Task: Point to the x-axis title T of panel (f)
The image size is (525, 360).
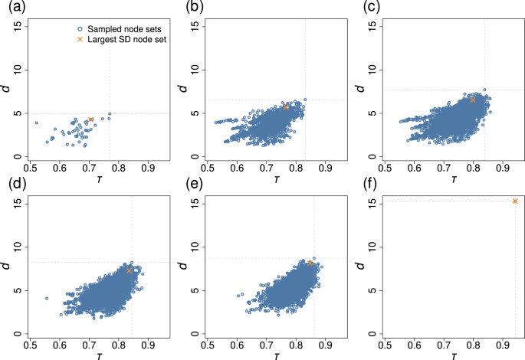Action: pyautogui.click(x=455, y=355)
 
